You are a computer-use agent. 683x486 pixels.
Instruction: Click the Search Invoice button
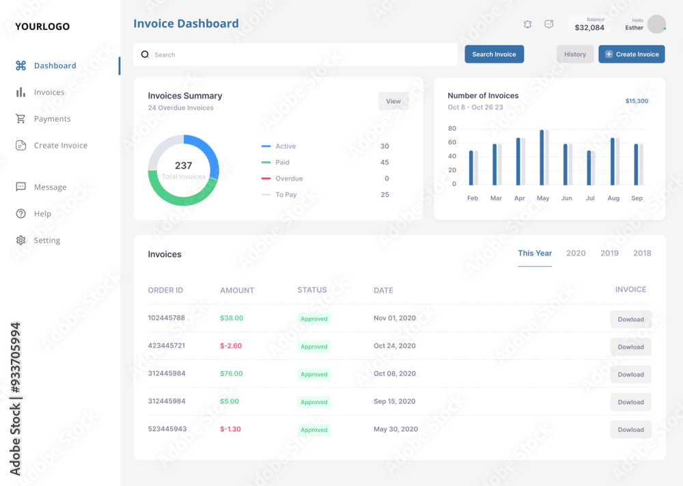click(494, 54)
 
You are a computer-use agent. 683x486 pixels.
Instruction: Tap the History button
click(574, 54)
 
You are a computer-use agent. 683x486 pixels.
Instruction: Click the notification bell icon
click(527, 24)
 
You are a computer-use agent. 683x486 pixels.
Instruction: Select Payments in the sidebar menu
click(52, 119)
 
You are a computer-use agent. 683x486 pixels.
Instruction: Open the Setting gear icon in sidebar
click(20, 241)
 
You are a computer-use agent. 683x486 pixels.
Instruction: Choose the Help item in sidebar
click(42, 214)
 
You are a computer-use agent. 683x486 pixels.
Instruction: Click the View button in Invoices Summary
click(393, 101)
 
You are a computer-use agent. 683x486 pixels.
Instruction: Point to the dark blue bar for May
click(542, 157)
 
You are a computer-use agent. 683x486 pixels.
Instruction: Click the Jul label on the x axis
click(590, 198)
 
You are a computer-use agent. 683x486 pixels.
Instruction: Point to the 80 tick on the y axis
click(452, 129)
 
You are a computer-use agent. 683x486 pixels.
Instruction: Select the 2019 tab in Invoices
click(609, 253)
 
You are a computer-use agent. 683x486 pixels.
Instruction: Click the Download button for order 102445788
click(630, 319)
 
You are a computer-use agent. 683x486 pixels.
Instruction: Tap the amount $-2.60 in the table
click(231, 346)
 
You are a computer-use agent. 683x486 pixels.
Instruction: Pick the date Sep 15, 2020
click(394, 401)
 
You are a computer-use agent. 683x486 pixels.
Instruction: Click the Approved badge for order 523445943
click(314, 430)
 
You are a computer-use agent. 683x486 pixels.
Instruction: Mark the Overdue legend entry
click(289, 178)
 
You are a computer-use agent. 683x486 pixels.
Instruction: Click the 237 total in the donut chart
click(183, 165)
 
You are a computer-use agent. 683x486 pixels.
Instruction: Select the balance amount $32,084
click(589, 28)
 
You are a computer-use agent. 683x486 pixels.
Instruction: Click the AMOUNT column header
click(237, 291)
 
